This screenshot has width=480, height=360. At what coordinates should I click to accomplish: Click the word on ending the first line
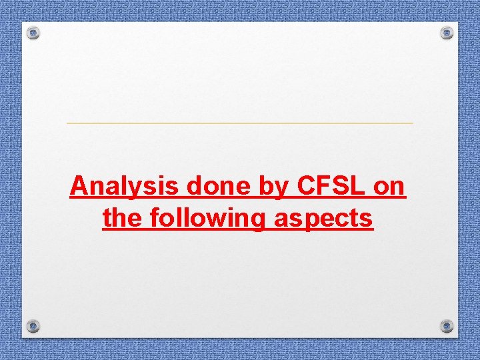[389, 187]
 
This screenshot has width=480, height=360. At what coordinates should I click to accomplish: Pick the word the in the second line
[122, 217]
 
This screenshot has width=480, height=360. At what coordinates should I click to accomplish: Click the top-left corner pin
[34, 33]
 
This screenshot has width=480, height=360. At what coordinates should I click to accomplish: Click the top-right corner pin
[447, 32]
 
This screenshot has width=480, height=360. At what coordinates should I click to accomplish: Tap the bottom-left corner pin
[33, 325]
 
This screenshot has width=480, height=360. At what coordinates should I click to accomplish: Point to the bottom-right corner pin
[447, 325]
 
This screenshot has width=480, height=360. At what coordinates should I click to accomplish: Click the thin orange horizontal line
[240, 123]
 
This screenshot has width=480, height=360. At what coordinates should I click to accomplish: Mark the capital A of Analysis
[79, 187]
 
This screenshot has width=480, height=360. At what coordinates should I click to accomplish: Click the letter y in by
[280, 189]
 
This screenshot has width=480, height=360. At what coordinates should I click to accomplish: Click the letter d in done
[195, 187]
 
